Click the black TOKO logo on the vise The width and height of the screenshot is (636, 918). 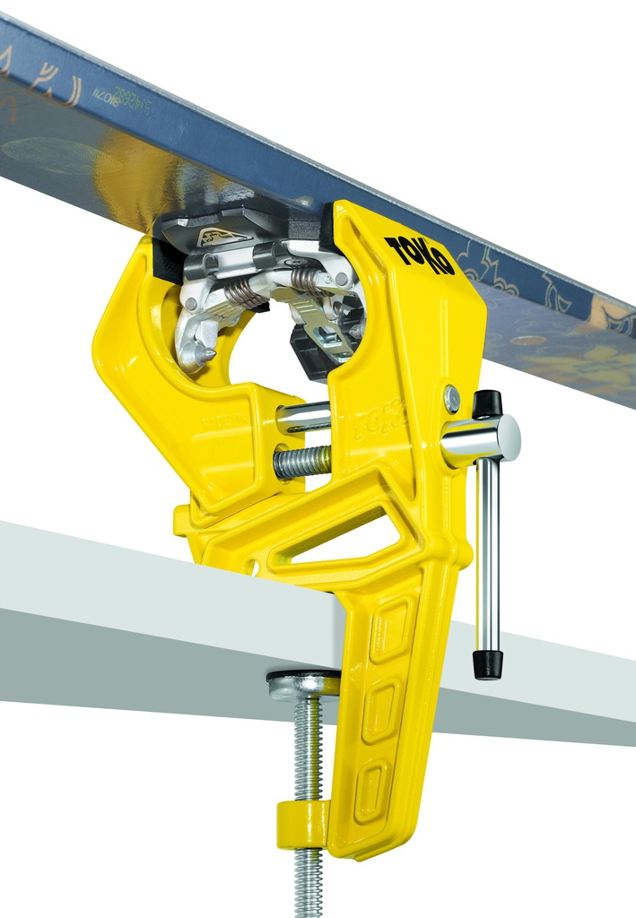click(x=419, y=255)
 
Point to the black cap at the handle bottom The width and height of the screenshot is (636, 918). click(x=488, y=664)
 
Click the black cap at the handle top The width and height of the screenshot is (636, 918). click(x=487, y=404)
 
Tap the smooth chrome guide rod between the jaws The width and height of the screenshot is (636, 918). click(x=303, y=417)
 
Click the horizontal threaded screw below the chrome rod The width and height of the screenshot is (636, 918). click(x=302, y=462)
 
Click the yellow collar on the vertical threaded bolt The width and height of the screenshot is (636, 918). click(x=302, y=820)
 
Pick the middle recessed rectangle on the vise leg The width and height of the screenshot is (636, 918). click(x=380, y=713)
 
